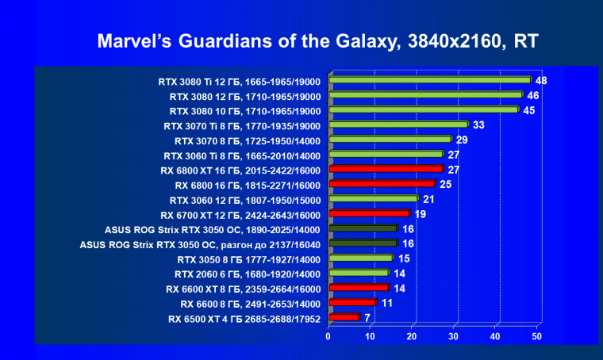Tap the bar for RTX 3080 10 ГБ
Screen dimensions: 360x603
424,109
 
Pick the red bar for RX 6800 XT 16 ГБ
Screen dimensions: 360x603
386,169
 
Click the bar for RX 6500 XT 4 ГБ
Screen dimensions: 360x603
344,317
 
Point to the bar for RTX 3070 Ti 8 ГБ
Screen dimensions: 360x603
398,124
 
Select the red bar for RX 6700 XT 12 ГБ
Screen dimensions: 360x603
369,213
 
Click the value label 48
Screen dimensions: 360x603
542,80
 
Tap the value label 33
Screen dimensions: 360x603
478,124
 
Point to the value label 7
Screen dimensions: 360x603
368,318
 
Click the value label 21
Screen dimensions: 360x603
428,198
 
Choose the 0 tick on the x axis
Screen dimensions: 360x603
328,336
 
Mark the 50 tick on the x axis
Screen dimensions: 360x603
537,336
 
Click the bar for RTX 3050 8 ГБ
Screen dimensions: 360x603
360,258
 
